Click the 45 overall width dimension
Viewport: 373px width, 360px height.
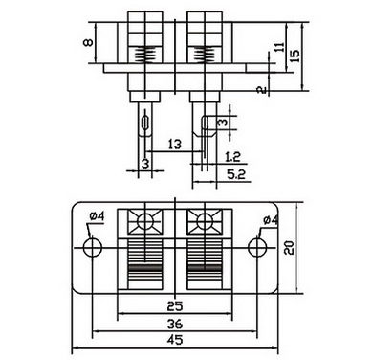tap(175, 340)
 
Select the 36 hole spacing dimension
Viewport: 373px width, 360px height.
tap(175, 324)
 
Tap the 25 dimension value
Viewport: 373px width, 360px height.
tap(175, 306)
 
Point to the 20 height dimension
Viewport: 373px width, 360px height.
tap(289, 247)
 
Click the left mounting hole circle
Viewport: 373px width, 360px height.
tap(93, 248)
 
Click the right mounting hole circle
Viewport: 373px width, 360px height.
tap(257, 248)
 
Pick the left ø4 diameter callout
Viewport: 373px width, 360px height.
tap(97, 216)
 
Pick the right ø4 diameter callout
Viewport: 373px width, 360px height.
tap(271, 219)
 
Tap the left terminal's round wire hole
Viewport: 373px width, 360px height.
tap(145, 221)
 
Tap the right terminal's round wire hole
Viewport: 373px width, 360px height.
tap(205, 221)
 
